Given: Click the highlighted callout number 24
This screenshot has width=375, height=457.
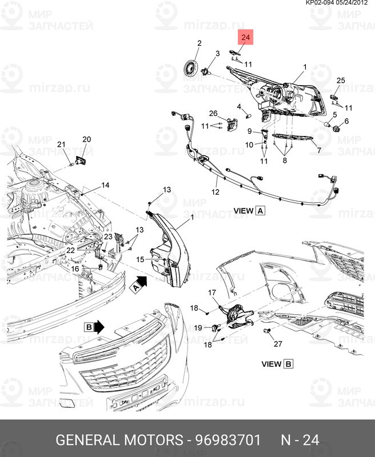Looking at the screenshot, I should [x=246, y=38].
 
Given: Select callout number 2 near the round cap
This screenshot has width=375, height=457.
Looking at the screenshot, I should [x=200, y=43].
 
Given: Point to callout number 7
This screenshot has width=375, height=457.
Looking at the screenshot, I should [x=319, y=151].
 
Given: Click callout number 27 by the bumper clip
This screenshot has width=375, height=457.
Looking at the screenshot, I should [x=278, y=343].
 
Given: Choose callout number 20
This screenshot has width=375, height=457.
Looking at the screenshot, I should [x=346, y=122].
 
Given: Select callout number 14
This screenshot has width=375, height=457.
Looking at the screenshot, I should [x=105, y=185].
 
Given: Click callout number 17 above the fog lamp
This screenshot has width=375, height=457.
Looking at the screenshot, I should [x=212, y=293].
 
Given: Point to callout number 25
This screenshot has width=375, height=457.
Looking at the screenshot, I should [x=341, y=81].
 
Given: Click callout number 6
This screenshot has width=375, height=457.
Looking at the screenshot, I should [x=346, y=122].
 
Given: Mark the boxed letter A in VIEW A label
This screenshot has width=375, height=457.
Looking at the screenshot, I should [x=261, y=210].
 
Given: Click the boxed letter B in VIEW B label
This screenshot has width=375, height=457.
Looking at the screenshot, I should [x=288, y=364].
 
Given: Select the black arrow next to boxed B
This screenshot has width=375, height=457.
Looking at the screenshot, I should [x=99, y=327].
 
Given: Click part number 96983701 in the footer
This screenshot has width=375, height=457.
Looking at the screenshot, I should [x=229, y=440].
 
